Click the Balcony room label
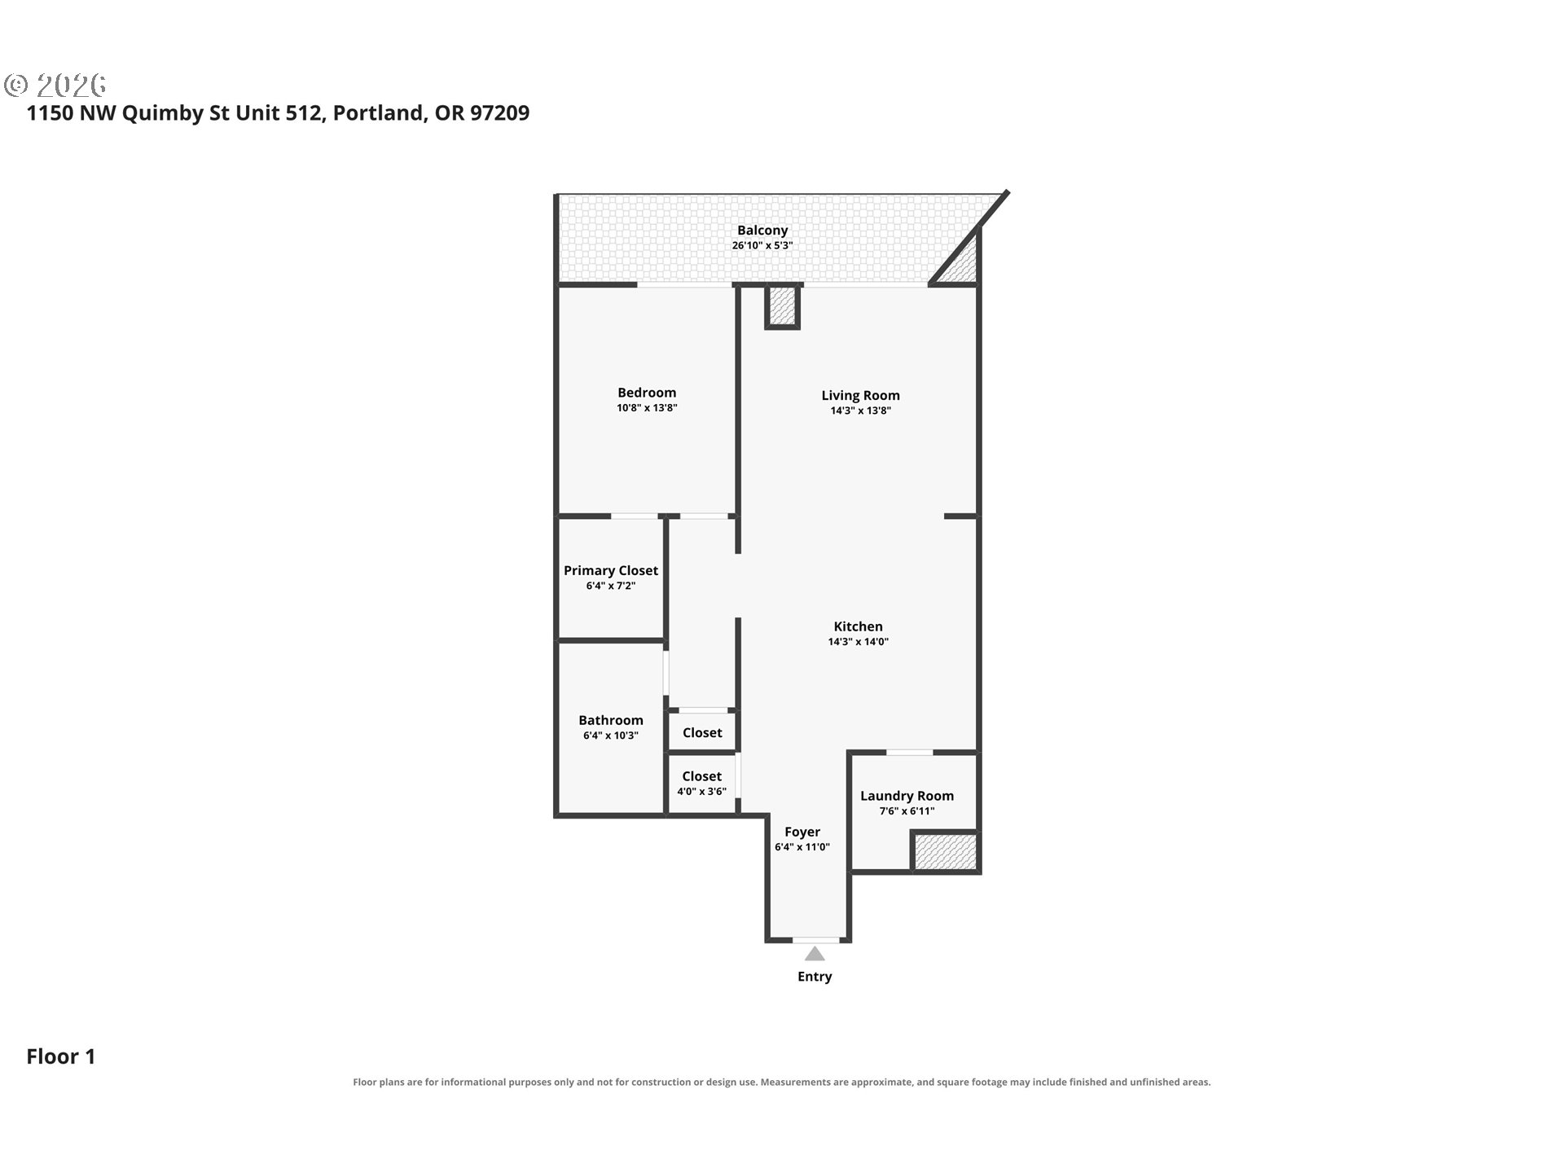pos(762,231)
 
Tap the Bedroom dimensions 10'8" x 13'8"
pos(647,408)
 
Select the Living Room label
pos(860,396)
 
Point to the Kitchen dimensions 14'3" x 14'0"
pos(858,642)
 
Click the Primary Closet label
pos(611,571)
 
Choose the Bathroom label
pos(611,720)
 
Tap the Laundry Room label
pos(907,796)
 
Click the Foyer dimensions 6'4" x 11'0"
pos(802,847)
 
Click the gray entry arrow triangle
pos(815,953)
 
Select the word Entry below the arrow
pos(815,977)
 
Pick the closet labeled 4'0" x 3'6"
pos(702,784)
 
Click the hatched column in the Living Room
pos(783,305)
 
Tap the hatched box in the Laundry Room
pos(945,851)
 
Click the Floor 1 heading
pos(61,1057)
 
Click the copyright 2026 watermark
pos(55,85)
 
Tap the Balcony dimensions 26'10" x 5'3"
pos(762,246)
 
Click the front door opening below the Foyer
pos(816,940)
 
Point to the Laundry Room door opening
pos(910,752)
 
